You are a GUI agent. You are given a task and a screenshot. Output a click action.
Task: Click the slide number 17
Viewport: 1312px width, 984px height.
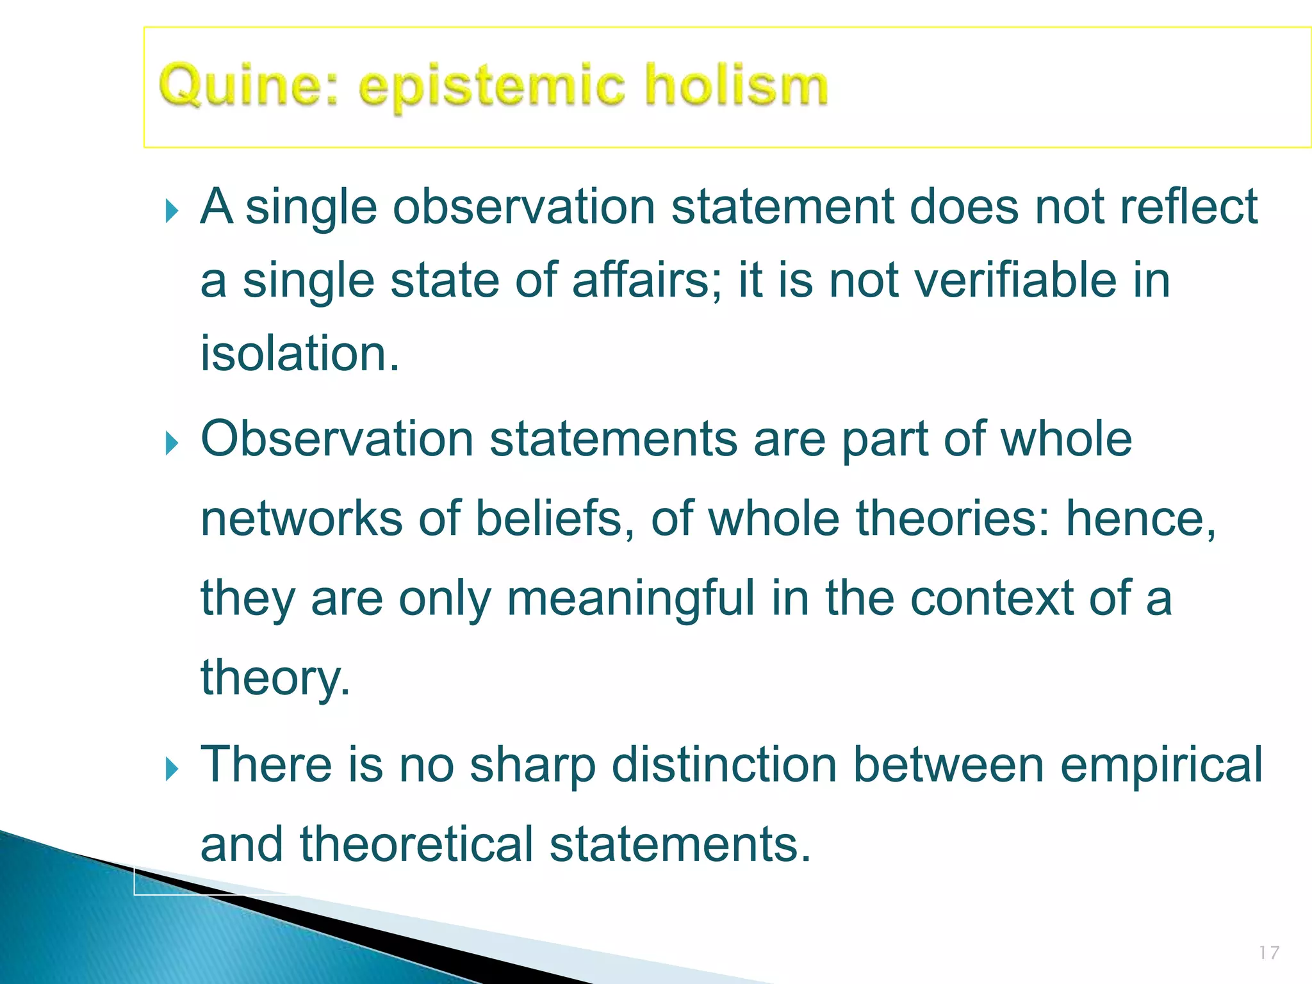coord(1269,953)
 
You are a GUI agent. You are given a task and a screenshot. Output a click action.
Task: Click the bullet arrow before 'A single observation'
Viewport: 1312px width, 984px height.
coord(171,210)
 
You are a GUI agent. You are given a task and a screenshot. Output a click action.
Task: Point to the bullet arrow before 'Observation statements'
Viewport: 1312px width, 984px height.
coord(171,443)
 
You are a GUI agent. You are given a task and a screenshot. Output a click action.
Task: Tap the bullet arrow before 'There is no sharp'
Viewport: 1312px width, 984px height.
coord(171,768)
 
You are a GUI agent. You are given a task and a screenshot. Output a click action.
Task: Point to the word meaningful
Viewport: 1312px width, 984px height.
coord(631,599)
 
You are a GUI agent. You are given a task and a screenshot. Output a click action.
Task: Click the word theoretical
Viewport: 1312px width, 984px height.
coord(416,844)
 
